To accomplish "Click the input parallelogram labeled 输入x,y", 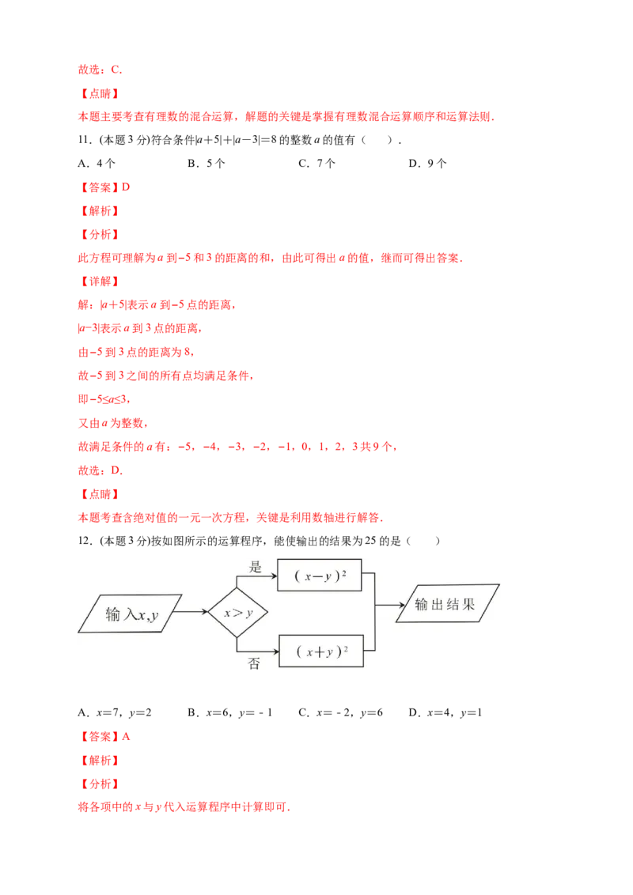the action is point(131,614).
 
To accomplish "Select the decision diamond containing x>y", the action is point(237,612).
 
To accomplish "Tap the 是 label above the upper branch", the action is point(255,566).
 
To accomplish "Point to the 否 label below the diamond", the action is point(254,663).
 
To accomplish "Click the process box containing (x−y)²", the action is point(319,576).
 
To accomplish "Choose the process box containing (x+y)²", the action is point(321,651).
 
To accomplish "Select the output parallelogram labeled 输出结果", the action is point(447,604).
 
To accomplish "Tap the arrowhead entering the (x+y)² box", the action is point(275,651).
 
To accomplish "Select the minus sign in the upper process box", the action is point(316,576).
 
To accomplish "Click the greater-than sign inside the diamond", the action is point(237,612).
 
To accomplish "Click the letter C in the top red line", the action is point(116,70).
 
